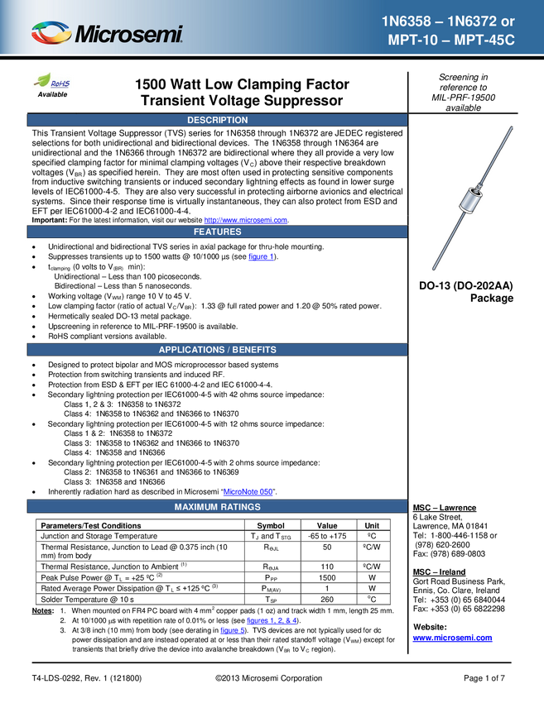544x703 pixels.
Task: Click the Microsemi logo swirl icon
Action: [51, 33]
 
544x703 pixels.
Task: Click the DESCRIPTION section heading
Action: [217, 120]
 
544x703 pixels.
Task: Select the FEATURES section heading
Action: [217, 232]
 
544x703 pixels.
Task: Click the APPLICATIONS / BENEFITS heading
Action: [217, 350]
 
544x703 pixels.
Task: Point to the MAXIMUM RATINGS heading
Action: [217, 507]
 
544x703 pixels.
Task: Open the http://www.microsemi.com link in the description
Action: [246, 220]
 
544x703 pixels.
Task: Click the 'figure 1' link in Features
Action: [261, 257]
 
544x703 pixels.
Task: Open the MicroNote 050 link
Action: [248, 492]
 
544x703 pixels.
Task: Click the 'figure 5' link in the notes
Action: [233, 630]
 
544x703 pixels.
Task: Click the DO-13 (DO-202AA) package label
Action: [466, 292]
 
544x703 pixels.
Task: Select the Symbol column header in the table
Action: [271, 525]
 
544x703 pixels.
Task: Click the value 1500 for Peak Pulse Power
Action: [327, 578]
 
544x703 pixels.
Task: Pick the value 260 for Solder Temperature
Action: [327, 600]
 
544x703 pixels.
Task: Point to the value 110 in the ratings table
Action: [327, 567]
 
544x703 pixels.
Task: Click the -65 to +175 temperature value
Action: [327, 536]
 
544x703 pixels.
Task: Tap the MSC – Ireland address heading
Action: [439, 572]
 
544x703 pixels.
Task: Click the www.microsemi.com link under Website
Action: [452, 638]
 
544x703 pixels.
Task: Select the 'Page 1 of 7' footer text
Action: [484, 678]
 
